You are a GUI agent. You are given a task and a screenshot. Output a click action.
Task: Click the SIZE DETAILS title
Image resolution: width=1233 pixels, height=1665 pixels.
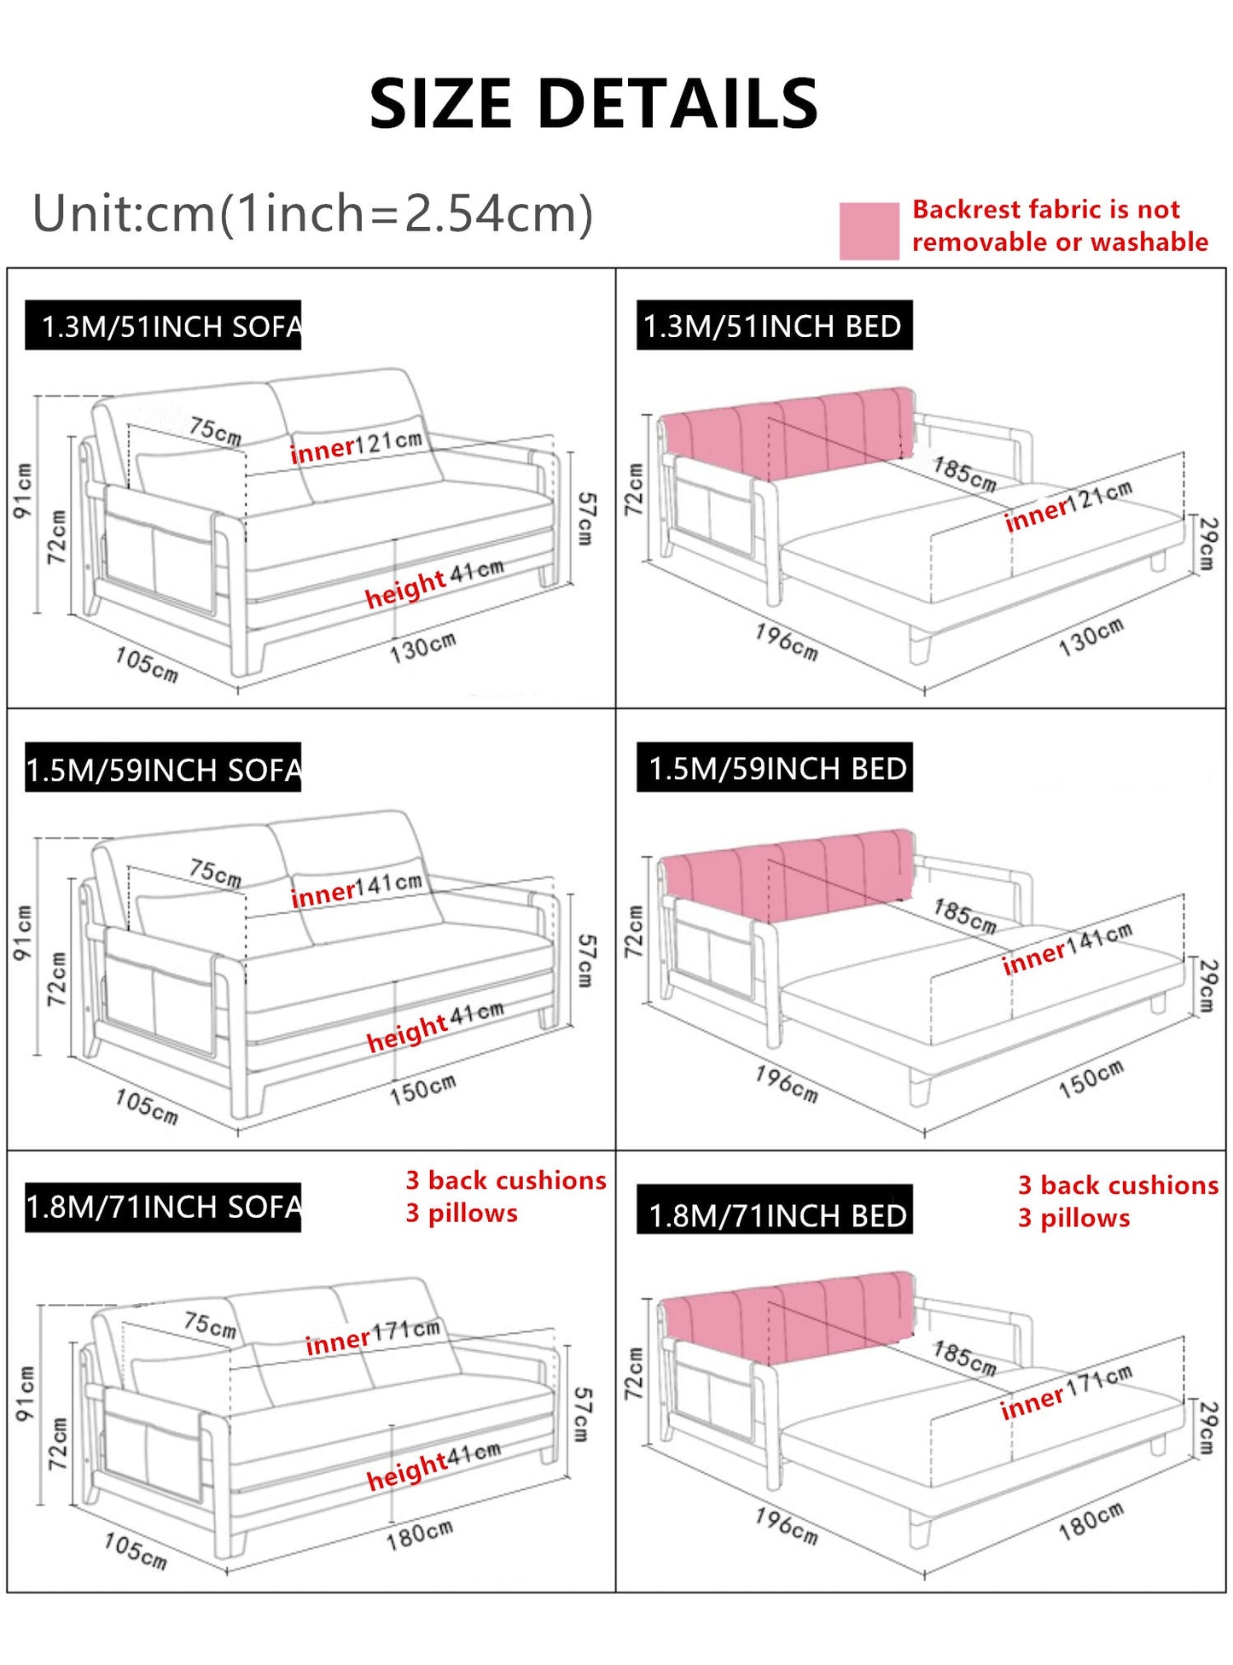pyautogui.click(x=594, y=104)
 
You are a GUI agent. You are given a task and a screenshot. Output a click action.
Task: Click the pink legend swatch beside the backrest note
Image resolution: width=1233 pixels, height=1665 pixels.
pyautogui.click(x=869, y=230)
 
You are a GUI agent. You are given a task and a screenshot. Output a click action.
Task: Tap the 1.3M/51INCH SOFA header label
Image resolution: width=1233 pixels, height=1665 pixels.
pyautogui.click(x=163, y=326)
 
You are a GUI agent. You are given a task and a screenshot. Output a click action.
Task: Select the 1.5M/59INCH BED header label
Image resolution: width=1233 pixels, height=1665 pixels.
pyautogui.click(x=775, y=769)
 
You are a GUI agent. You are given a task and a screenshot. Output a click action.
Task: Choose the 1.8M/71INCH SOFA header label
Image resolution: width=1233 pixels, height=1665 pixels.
pyautogui.click(x=163, y=1207)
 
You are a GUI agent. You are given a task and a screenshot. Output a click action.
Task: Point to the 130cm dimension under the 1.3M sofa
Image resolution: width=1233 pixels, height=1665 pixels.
pyautogui.click(x=422, y=648)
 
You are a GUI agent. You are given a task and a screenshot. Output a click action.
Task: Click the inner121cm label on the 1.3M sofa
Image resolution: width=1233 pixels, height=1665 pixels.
pyautogui.click(x=356, y=446)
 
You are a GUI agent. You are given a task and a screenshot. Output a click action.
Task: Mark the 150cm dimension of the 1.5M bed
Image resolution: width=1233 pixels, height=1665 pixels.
pyautogui.click(x=1091, y=1080)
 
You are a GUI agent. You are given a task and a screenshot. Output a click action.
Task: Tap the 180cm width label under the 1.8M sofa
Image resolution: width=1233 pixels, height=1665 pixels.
pyautogui.click(x=419, y=1535)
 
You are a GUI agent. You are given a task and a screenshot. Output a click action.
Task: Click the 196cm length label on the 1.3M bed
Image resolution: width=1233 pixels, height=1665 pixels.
pyautogui.click(x=786, y=642)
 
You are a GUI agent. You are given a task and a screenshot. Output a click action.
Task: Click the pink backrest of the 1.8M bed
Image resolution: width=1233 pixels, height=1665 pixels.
pyautogui.click(x=785, y=1314)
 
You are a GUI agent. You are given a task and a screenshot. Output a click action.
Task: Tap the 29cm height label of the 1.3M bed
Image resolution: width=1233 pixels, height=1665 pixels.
pyautogui.click(x=1207, y=543)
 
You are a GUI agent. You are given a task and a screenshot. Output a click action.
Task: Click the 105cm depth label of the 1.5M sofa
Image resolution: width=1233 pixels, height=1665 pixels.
pyautogui.click(x=147, y=1107)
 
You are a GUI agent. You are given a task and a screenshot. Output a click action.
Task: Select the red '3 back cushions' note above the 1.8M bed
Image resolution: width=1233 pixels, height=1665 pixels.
pyautogui.click(x=1118, y=1185)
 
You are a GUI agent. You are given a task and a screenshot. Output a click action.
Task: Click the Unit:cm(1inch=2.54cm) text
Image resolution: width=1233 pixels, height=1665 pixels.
pyautogui.click(x=312, y=213)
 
